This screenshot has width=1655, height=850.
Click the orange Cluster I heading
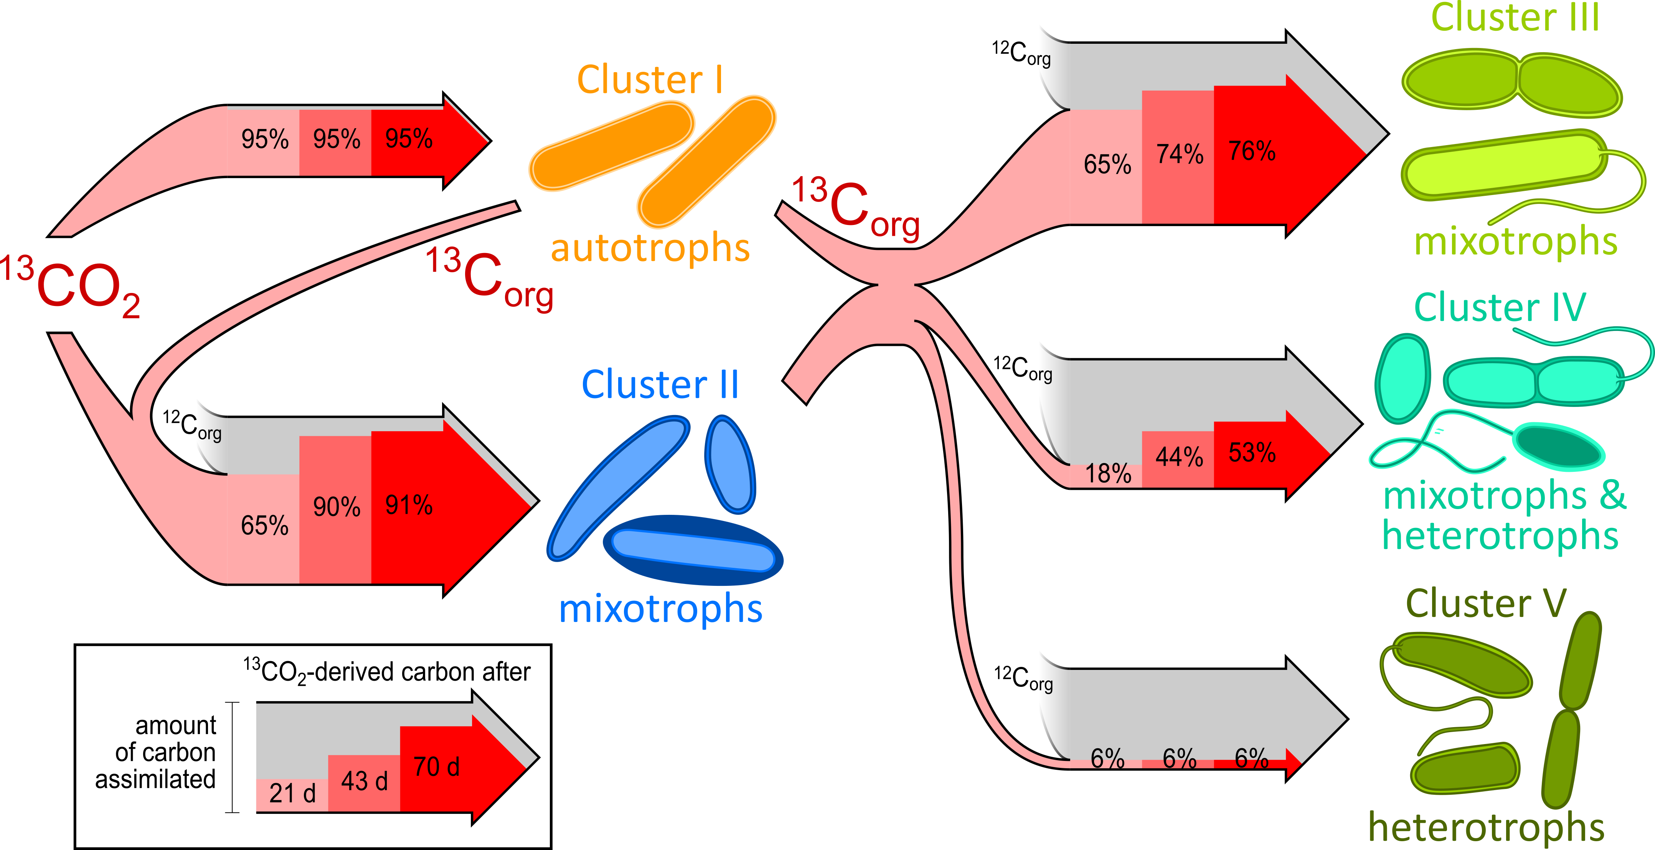[x=650, y=80]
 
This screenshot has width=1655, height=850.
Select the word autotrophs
[x=650, y=249]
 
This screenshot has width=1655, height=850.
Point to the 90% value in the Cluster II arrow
[x=337, y=507]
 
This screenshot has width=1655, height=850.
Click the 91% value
[x=409, y=505]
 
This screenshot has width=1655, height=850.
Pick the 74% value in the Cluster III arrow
[x=1180, y=154]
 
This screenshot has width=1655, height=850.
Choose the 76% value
[x=1252, y=152]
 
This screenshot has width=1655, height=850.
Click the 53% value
[x=1252, y=453]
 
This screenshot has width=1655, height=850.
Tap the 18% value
[x=1107, y=474]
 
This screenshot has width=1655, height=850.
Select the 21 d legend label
[x=292, y=794]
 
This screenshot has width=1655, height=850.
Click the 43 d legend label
[x=364, y=781]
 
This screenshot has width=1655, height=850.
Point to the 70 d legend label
[x=436, y=767]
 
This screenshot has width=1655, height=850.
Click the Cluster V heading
[x=1485, y=604]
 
